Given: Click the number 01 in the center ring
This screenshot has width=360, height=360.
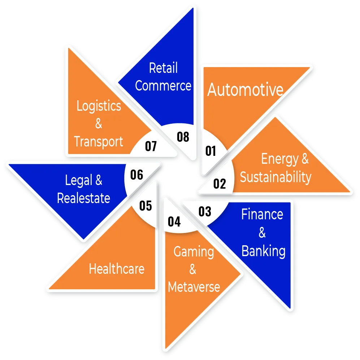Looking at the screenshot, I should tap(211, 151).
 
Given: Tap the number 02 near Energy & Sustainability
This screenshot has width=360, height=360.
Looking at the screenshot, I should tap(219, 184).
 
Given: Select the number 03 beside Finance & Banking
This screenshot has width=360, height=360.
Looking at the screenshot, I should tap(205, 211).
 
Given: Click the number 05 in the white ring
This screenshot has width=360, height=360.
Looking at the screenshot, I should tap(146, 206).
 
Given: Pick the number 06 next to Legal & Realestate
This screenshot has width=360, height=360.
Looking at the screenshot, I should tap(137, 175).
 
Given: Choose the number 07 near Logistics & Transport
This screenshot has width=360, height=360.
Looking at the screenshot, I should tap(151, 146).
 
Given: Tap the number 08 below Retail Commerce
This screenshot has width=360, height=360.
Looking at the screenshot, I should tap(183, 137).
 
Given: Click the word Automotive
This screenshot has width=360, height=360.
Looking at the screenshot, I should tap(245, 89).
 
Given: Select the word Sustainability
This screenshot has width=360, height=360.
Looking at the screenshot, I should tap(276, 177).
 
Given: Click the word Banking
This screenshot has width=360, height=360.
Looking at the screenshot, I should tap(263, 251).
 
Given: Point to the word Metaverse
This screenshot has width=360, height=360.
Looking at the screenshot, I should tap(194, 287).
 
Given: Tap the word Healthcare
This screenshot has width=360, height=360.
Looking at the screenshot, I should tap(117, 269).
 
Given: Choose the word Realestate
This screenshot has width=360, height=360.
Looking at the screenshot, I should tap(83, 198).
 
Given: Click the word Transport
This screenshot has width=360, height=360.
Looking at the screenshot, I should tap(99, 142).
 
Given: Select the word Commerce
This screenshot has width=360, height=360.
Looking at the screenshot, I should tap(163, 86).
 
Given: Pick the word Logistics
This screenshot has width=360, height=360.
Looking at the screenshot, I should tap(99, 106).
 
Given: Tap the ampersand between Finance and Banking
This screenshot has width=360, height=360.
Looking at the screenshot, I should tap(262, 233).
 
